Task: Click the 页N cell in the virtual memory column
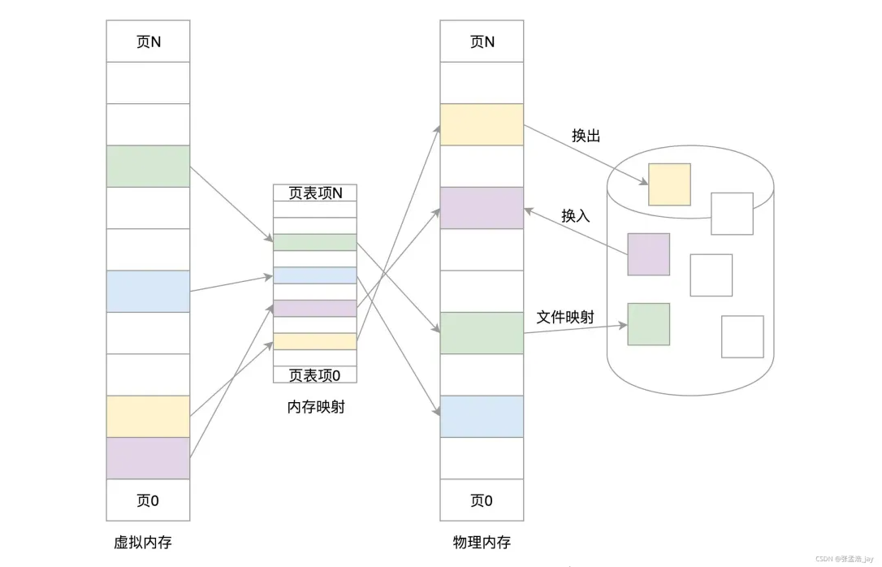[148, 41]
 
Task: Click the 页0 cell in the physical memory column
[482, 500]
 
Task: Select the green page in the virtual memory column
[148, 167]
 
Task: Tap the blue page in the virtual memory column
[148, 291]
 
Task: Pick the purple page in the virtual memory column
[148, 458]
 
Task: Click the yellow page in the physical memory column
[482, 124]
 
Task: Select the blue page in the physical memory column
[482, 416]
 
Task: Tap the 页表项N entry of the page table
[315, 193]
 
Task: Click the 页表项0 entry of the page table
[315, 374]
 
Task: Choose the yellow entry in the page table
[315, 341]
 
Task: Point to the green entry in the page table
[315, 242]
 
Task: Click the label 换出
[586, 136]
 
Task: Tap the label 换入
[575, 215]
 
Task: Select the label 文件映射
[565, 317]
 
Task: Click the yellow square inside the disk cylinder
[669, 184]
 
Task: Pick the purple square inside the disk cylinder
[648, 254]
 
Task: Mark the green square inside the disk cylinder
[648, 324]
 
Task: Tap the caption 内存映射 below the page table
[316, 407]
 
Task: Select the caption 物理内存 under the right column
[482, 542]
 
